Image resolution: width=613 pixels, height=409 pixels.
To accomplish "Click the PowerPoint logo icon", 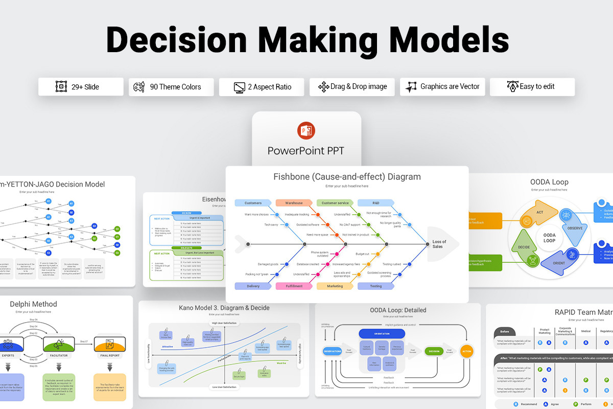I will tap(306, 131).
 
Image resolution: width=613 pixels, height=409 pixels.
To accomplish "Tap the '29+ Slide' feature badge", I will tap(81, 87).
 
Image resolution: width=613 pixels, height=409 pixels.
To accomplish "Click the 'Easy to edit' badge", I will tap(532, 87).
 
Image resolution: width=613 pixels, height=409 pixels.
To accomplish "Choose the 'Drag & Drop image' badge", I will tap(352, 87).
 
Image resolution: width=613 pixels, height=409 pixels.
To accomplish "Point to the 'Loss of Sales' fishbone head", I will tap(439, 244).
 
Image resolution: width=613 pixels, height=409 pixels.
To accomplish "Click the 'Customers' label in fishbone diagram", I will tap(253, 203).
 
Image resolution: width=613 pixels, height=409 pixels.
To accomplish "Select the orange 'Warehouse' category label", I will tap(294, 203).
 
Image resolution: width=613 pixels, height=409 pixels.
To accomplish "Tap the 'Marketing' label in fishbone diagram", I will tap(335, 286).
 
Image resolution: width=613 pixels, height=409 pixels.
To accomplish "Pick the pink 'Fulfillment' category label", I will tap(294, 286).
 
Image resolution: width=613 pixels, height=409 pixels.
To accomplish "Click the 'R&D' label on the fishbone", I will tap(375, 203).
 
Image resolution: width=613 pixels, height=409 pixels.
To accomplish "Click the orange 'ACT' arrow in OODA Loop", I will tap(539, 214).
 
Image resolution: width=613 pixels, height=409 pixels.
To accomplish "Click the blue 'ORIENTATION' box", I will tap(382, 333).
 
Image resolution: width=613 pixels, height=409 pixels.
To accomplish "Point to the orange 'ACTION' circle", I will tap(466, 351).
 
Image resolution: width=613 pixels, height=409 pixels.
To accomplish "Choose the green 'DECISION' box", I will tap(434, 351).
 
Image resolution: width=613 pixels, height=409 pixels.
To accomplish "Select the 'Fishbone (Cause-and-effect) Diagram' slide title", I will tap(347, 177).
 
